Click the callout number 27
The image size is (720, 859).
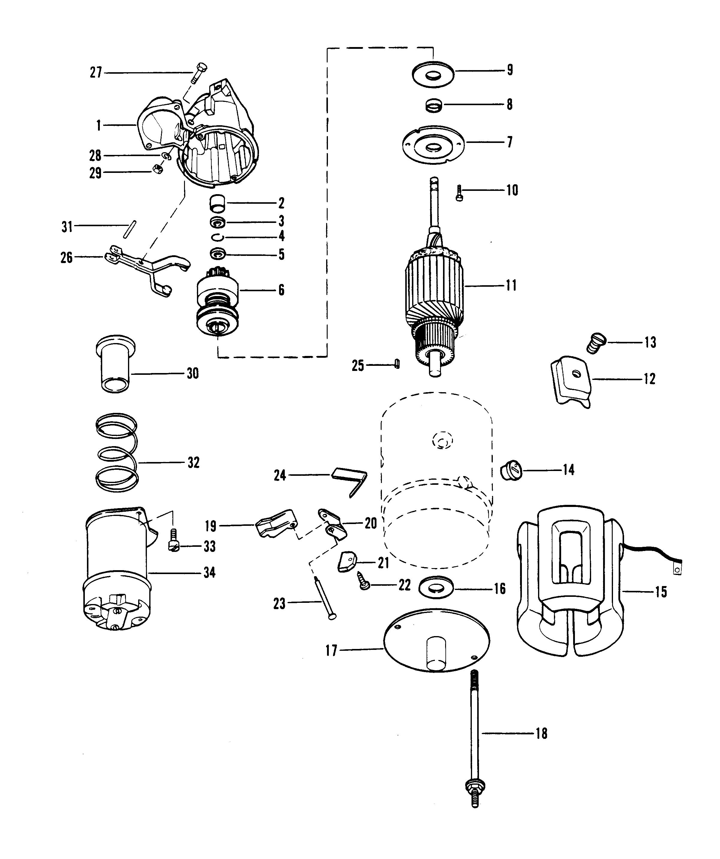[96, 73]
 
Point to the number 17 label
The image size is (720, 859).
[331, 650]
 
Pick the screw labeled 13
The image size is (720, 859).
[596, 342]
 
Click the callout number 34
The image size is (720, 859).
[210, 573]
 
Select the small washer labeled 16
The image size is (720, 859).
[437, 589]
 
